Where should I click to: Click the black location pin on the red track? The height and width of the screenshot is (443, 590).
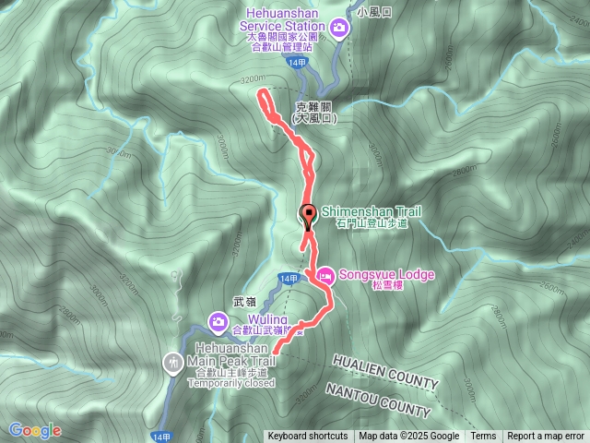pyautogui.click(x=307, y=216)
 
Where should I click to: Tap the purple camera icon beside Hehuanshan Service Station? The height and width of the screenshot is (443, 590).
pyautogui.click(x=339, y=28)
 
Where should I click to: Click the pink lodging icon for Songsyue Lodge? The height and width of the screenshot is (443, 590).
pyautogui.click(x=324, y=274)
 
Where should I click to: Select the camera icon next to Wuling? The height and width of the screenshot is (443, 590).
pyautogui.click(x=218, y=321)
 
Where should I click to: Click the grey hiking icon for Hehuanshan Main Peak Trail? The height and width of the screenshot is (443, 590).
pyautogui.click(x=173, y=362)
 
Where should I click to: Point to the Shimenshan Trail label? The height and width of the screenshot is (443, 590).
pyautogui.click(x=371, y=212)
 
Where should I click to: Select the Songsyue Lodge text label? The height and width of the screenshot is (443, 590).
pyautogui.click(x=386, y=274)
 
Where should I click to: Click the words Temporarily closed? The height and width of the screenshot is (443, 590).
pyautogui.click(x=234, y=383)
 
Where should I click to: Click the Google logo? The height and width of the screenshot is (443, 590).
pyautogui.click(x=35, y=430)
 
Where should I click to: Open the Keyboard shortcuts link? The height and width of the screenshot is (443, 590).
pyautogui.click(x=308, y=437)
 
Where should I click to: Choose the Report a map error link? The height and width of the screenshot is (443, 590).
pyautogui.click(x=546, y=437)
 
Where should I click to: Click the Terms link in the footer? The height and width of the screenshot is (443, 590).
pyautogui.click(x=483, y=437)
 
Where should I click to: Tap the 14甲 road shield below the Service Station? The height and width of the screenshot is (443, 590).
pyautogui.click(x=295, y=62)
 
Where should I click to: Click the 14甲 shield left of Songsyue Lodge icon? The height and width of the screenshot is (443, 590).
pyautogui.click(x=289, y=278)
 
